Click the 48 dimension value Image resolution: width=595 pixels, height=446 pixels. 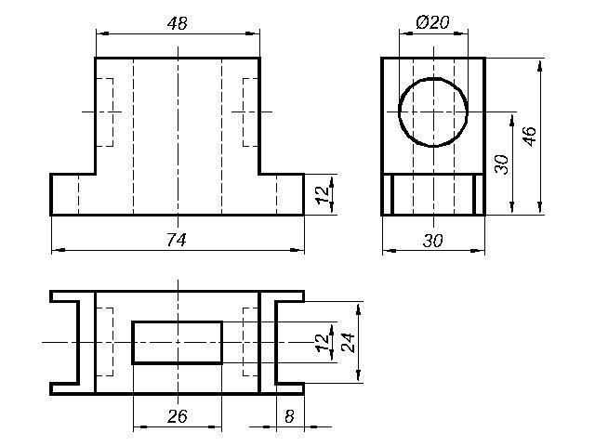pos(177,23)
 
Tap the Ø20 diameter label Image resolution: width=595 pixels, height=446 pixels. pos(432,22)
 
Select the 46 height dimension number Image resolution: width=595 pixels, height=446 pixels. pos(530,137)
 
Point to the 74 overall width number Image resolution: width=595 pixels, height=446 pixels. pos(177,240)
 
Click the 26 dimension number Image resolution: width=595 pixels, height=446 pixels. pos(177,416)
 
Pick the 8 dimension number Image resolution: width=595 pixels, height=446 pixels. pos(289,416)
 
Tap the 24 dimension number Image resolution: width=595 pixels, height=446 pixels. pos(348,343)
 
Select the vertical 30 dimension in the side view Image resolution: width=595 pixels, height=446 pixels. pos(502,164)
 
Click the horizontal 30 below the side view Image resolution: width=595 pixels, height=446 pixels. pos(432,241)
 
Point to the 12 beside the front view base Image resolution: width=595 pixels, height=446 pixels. pos(323,195)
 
